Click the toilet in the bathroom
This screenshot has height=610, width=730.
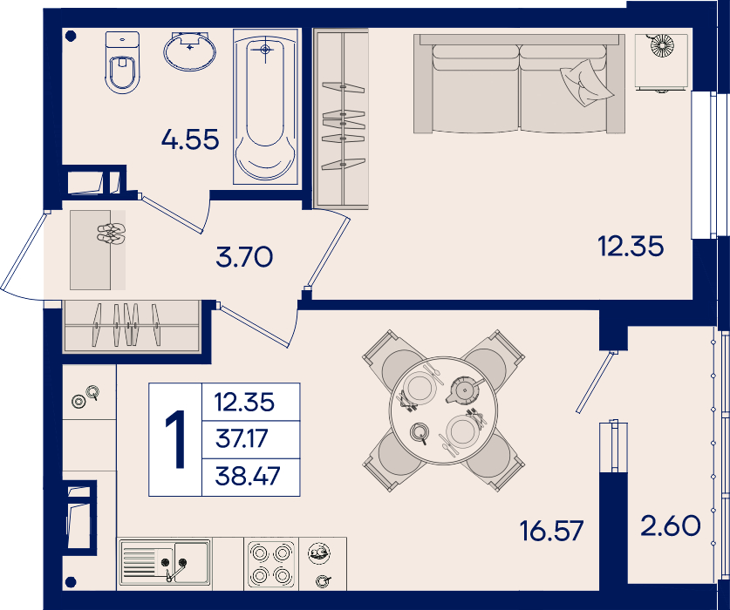click(122, 62)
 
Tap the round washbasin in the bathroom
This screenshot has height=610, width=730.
click(190, 51)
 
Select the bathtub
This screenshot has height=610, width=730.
click(266, 107)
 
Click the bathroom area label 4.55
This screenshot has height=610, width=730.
click(190, 139)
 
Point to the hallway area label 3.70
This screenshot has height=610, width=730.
click(244, 257)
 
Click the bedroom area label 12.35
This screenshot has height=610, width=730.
click(631, 246)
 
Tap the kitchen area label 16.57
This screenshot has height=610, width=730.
click(551, 531)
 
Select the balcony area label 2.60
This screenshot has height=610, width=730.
click(671, 525)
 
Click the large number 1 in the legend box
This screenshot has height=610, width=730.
click(175, 439)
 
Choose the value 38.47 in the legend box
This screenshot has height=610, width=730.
click(248, 476)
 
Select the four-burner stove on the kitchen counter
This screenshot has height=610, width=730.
click(271, 564)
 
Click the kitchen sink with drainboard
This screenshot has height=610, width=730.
click(165, 562)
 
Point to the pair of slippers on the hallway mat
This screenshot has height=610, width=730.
click(111, 234)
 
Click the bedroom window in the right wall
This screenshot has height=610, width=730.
click(704, 165)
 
